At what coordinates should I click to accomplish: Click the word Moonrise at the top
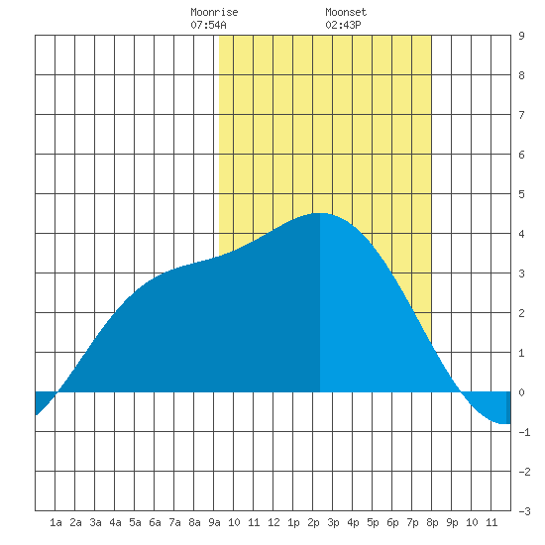click(x=214, y=12)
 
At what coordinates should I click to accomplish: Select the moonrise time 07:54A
click(x=208, y=25)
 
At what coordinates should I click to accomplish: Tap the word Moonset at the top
click(x=346, y=12)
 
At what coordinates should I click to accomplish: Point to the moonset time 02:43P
click(x=343, y=25)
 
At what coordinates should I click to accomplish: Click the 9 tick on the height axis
click(x=521, y=36)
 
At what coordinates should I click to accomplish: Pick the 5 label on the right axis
click(x=521, y=194)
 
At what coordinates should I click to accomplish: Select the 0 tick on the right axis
click(x=521, y=392)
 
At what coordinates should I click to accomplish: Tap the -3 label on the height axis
click(x=524, y=511)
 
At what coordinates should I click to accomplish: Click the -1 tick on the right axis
click(x=524, y=432)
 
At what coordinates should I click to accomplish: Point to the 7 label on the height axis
click(x=521, y=115)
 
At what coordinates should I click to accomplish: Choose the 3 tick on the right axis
click(x=521, y=273)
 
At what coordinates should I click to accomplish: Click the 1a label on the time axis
click(x=55, y=522)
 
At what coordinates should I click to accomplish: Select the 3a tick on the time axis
click(x=95, y=522)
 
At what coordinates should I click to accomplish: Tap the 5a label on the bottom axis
click(x=135, y=522)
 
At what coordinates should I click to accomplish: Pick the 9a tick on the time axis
click(x=214, y=522)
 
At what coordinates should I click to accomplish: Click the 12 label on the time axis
click(x=273, y=522)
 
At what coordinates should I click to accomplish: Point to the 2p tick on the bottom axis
click(x=313, y=522)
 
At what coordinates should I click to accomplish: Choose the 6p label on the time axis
click(x=392, y=522)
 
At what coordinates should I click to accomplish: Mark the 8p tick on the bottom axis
click(x=432, y=522)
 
